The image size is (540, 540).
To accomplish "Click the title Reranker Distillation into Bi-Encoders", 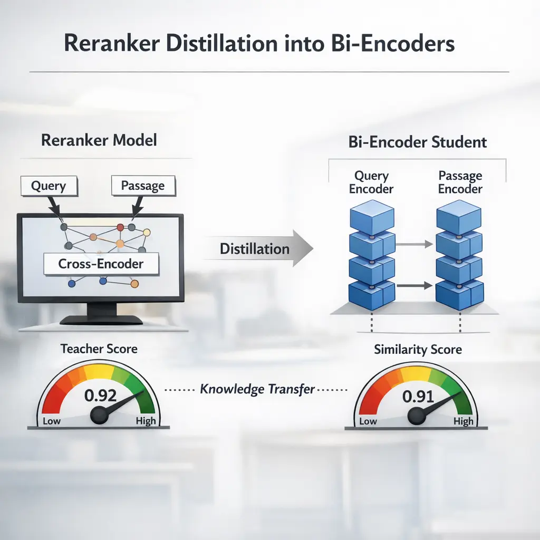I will pos(259,43).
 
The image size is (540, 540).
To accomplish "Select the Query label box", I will pos(49,186).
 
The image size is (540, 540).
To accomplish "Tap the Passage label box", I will pos(142,186).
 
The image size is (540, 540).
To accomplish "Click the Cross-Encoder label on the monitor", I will pos(101,263).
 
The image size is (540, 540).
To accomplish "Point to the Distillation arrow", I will pos(258,248).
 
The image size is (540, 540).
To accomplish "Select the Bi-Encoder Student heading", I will pos(418,142).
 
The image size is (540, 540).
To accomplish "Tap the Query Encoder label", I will pos(372,182).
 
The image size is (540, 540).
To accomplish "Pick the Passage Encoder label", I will pos(460,182).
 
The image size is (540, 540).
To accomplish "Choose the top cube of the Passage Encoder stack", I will pos(459,219).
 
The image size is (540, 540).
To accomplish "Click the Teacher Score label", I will pos(99,349).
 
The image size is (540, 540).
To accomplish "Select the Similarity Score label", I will pos(418,350).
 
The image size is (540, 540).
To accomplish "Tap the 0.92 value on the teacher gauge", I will pos(101,395).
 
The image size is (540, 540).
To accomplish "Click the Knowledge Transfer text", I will pos(257,390).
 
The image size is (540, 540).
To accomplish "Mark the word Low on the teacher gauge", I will pos(52,420).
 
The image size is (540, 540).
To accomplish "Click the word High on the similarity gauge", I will pos(464,421).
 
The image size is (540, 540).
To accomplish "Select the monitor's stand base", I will pos(101,320).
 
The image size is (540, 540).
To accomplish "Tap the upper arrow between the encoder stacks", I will pos(414,244).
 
